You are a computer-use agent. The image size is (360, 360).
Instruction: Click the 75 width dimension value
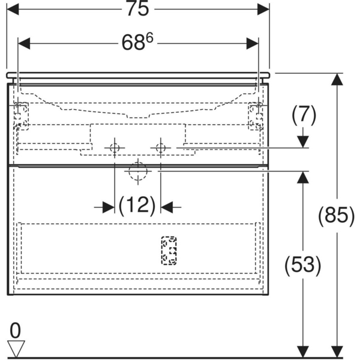tap(138, 9)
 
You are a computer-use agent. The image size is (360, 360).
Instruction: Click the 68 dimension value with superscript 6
tap(137, 42)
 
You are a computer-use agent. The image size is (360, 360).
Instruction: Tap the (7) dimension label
tap(304, 115)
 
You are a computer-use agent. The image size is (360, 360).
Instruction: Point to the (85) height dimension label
tap(337, 215)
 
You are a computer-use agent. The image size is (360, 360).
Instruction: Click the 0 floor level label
tap(15, 330)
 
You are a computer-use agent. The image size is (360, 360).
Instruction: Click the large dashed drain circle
tap(138, 171)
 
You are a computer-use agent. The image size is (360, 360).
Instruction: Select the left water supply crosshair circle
tap(115, 148)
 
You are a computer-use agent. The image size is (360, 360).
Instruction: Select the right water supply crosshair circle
tap(161, 148)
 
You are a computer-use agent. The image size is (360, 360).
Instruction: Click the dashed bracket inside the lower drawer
tap(169, 250)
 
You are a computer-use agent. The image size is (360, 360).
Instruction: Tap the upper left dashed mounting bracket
tap(21, 116)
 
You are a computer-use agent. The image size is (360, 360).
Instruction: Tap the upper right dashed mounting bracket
tap(256, 116)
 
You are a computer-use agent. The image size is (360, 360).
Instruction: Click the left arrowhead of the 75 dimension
tap(13, 9)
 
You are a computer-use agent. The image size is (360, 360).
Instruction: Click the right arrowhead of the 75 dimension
tap(263, 9)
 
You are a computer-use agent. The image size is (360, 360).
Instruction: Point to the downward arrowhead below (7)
tap(303, 142)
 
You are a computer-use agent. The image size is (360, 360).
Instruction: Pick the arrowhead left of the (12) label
tap(108, 208)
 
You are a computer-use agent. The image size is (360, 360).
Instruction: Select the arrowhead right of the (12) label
tap(167, 208)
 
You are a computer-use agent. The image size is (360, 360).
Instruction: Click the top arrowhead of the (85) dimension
tap(337, 79)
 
